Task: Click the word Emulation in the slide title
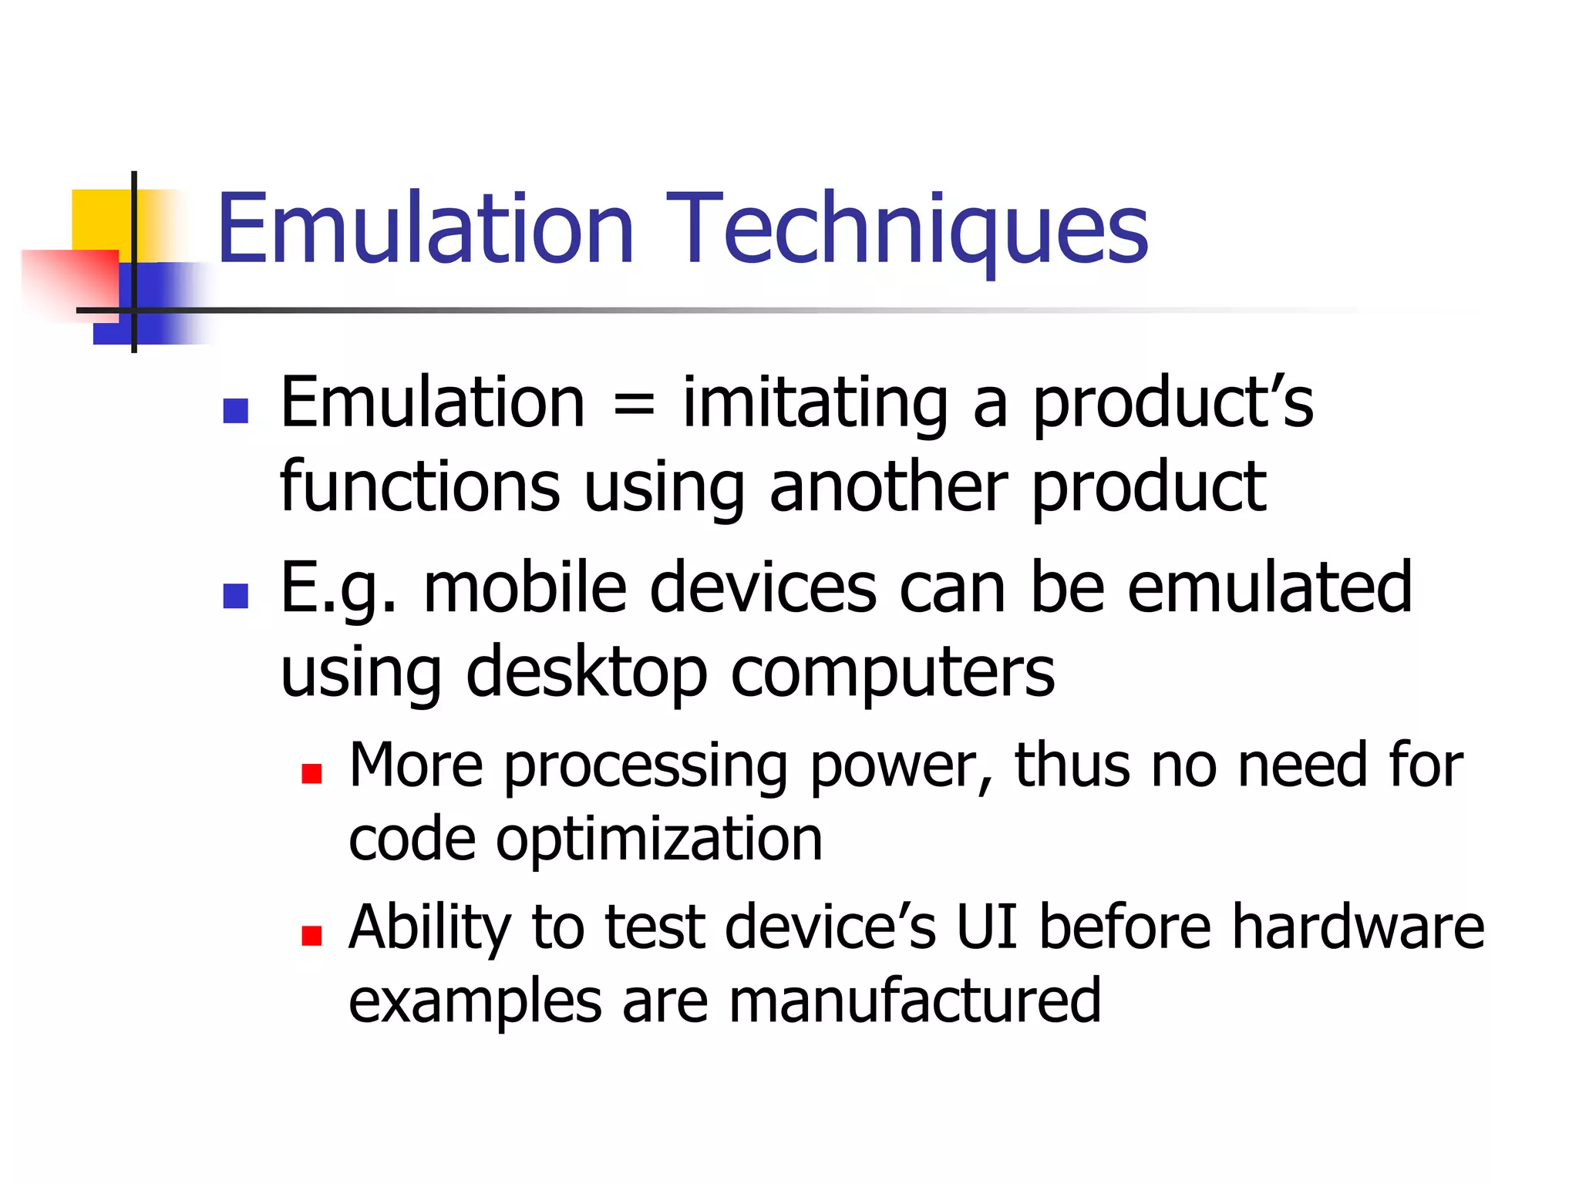[x=426, y=230]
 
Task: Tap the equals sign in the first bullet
[x=633, y=405]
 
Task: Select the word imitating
[x=815, y=405]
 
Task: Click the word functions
[x=419, y=487]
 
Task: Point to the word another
[x=888, y=487]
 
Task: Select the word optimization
[x=659, y=840]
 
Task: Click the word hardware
[x=1358, y=927]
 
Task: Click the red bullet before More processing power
[x=311, y=774]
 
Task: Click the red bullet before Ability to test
[x=311, y=936]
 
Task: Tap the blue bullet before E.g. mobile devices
[x=235, y=596]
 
